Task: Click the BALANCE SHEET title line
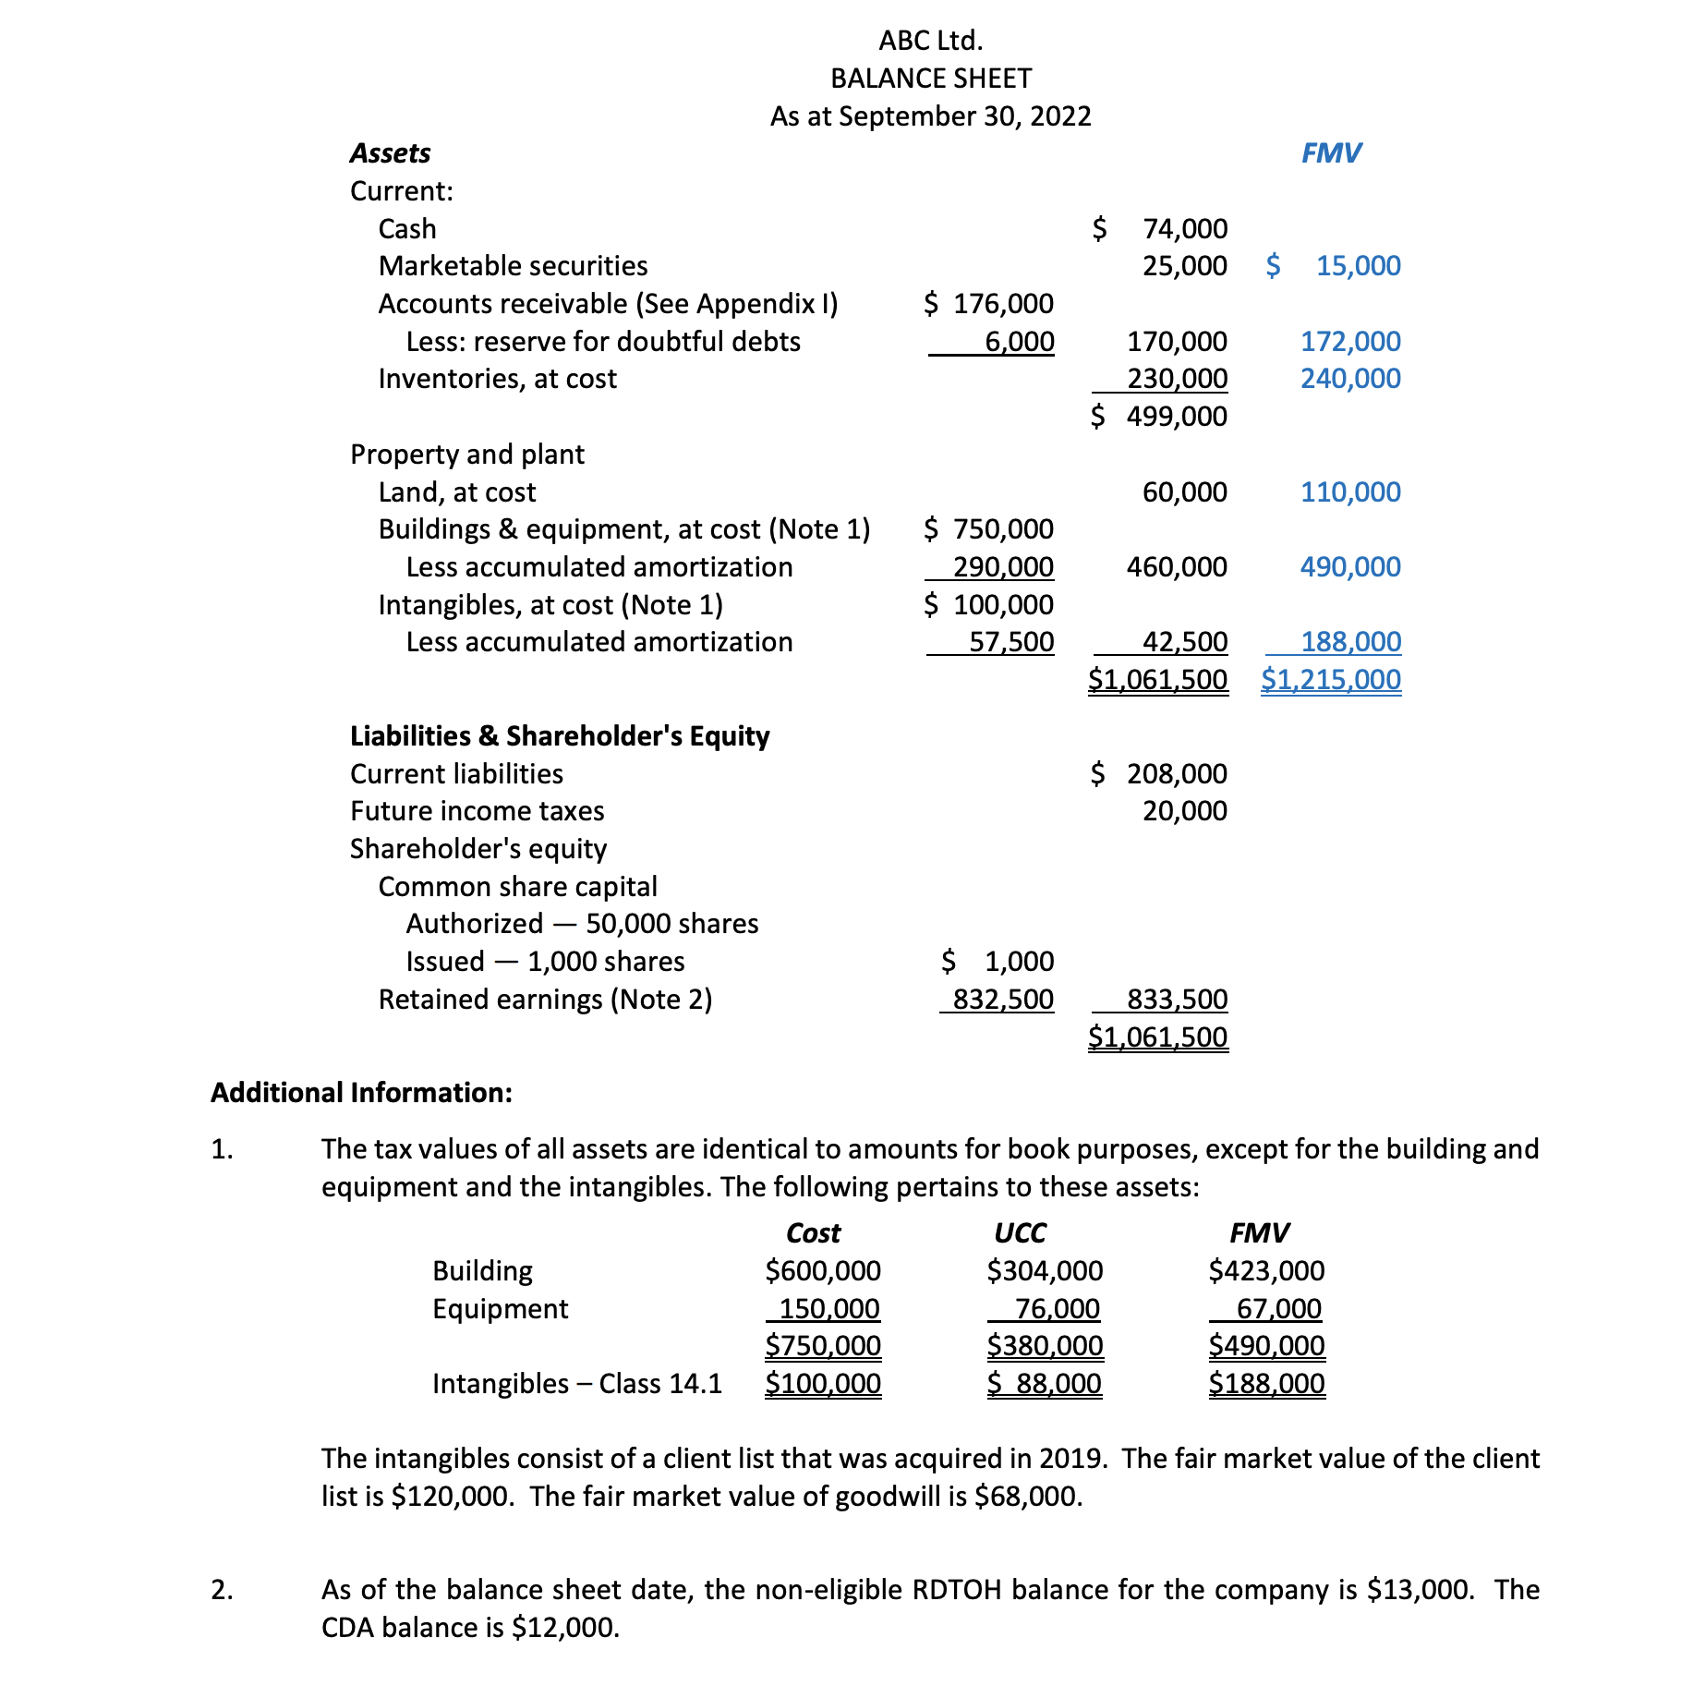coord(931,79)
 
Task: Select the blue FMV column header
coord(1331,153)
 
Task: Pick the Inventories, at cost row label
coord(497,379)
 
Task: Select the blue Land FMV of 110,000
coord(1350,492)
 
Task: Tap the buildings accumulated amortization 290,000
coord(1003,567)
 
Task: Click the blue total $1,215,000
coord(1331,680)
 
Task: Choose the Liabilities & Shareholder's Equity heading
coord(560,736)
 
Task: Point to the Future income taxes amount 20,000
coord(1185,811)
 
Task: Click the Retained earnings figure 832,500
coord(1003,1000)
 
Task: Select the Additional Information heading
coord(361,1093)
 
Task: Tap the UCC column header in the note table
coord(1020,1233)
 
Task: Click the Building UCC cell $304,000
coord(1045,1271)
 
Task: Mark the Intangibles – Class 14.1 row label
coord(577,1384)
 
